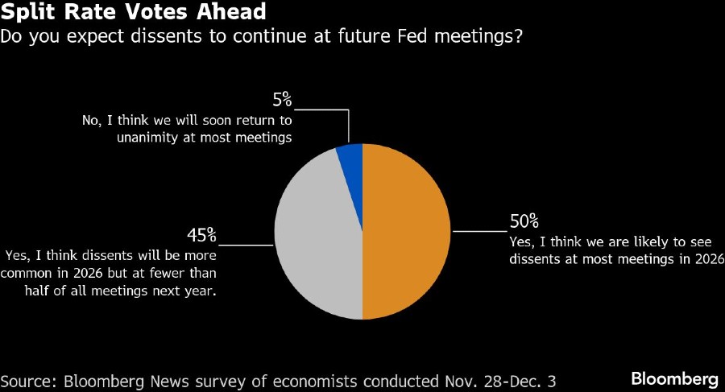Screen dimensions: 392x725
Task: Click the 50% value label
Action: tap(524, 221)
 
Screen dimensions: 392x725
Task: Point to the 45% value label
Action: tap(201, 235)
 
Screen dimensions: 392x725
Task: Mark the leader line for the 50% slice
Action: tap(480, 231)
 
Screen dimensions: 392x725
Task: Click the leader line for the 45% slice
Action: tap(246, 244)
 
